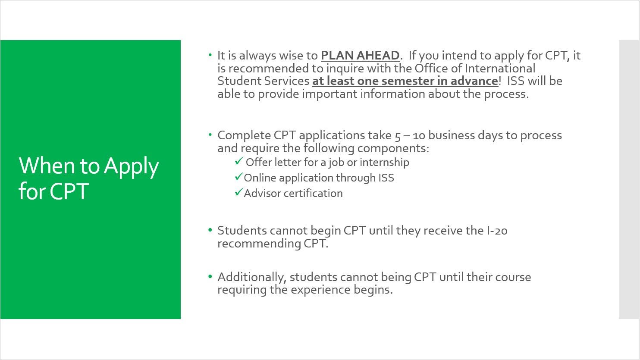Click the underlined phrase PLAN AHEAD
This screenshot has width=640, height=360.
(x=360, y=56)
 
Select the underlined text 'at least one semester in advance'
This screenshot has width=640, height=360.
(x=405, y=81)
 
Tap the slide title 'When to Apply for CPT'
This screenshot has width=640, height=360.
(x=89, y=178)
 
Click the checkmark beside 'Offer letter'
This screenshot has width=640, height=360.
(x=239, y=161)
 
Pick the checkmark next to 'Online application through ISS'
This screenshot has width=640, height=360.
(x=238, y=177)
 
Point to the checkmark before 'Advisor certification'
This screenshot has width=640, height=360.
(x=238, y=193)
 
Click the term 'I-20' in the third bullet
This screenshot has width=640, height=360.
(x=497, y=231)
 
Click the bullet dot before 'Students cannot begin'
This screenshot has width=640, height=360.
(x=210, y=230)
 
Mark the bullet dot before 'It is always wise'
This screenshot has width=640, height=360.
(x=210, y=55)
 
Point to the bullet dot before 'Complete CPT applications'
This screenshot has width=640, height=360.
(x=210, y=135)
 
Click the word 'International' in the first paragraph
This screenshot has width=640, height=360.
(x=497, y=68)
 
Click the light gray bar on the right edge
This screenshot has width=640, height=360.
(x=629, y=179)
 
